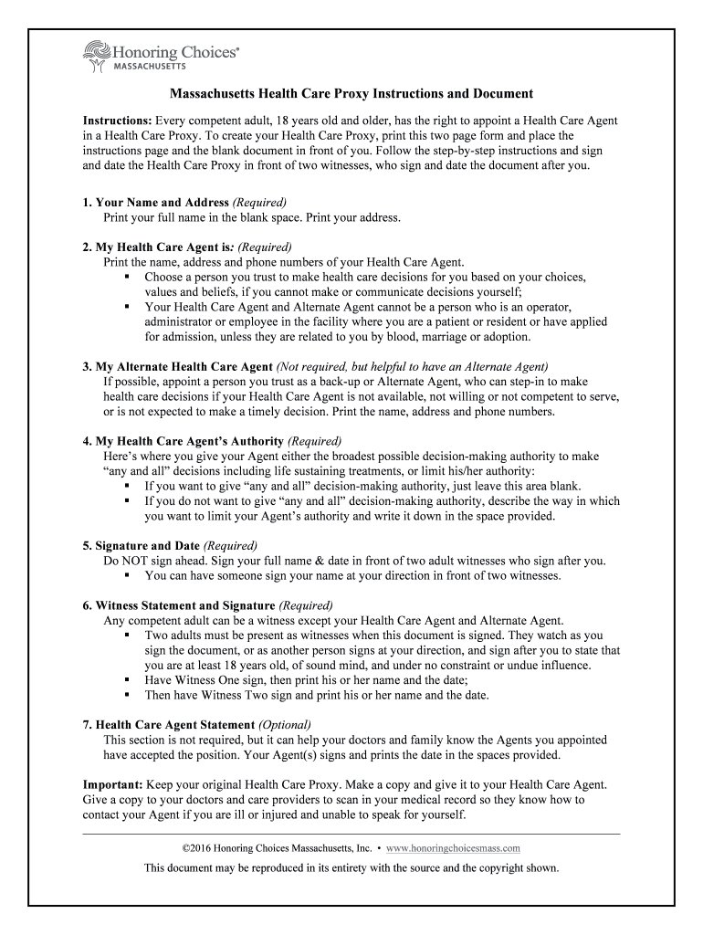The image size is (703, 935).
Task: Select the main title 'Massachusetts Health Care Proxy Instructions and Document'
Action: pos(351,94)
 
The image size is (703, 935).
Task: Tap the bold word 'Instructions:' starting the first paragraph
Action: pos(118,121)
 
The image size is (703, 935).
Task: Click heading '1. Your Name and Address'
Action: pos(155,202)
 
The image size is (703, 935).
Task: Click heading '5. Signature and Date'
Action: pos(141,546)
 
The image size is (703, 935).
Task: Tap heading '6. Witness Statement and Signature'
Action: pos(178,605)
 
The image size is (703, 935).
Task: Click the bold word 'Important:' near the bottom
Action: pos(115,784)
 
